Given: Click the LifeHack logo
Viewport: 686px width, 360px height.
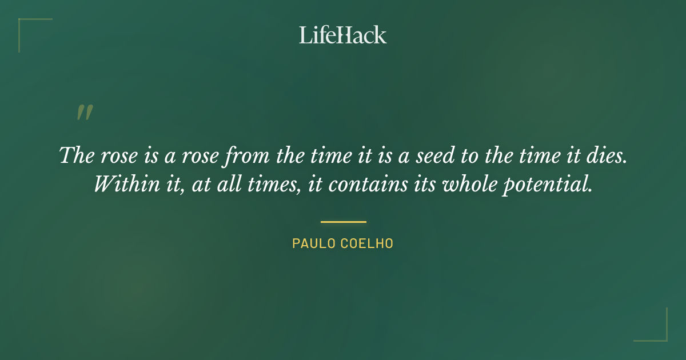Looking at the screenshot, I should click(x=342, y=35).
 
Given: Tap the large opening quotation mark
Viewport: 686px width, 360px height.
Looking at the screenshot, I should click(x=84, y=113).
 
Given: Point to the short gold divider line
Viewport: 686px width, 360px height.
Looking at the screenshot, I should click(x=343, y=222).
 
